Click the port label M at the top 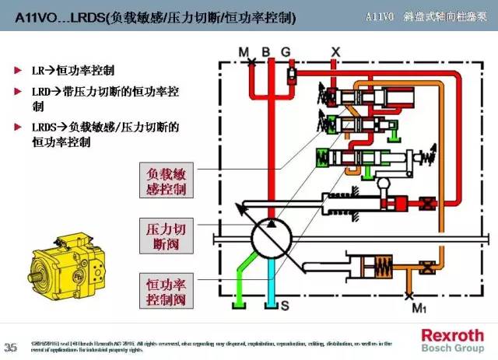(x=244, y=51)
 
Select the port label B (x=265, y=51)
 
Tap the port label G (x=286, y=51)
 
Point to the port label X (x=336, y=51)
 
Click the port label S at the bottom (x=285, y=306)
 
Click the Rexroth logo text (x=452, y=335)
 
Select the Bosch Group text (x=452, y=348)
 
